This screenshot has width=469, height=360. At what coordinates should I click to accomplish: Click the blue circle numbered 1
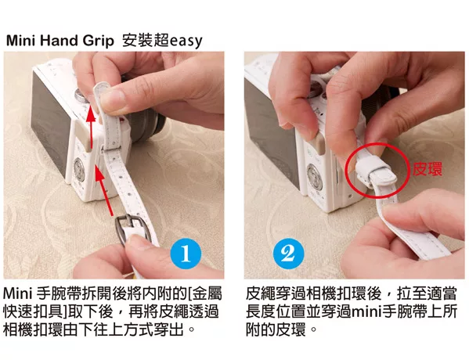[x=186, y=254]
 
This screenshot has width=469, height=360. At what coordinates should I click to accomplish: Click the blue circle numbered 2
[x=289, y=254]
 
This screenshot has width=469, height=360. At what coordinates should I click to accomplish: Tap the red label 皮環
[x=428, y=169]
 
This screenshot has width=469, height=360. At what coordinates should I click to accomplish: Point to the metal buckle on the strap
[x=129, y=229]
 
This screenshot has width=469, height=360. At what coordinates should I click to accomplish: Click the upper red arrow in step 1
[x=91, y=129]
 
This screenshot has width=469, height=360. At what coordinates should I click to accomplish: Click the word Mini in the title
[x=20, y=41]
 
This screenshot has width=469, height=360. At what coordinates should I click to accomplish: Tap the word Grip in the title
[x=98, y=41]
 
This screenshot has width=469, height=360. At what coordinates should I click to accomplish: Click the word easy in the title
[x=186, y=41]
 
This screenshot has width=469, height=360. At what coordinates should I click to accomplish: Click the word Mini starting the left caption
[x=18, y=294]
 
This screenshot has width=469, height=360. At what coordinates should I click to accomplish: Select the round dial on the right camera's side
[x=315, y=177]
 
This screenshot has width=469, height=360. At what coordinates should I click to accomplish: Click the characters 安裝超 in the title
[x=146, y=41]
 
